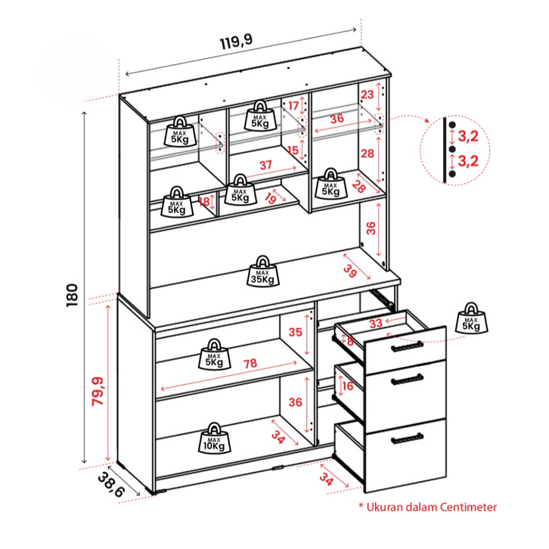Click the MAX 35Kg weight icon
(x=262, y=271)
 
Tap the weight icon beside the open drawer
(x=472, y=317)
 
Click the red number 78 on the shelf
(x=250, y=364)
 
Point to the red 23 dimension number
(x=367, y=95)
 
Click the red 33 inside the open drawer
(x=375, y=324)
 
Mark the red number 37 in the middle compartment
(x=265, y=165)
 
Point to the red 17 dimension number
(x=293, y=107)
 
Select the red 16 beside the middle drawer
(x=348, y=386)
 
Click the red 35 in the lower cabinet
(x=296, y=332)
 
